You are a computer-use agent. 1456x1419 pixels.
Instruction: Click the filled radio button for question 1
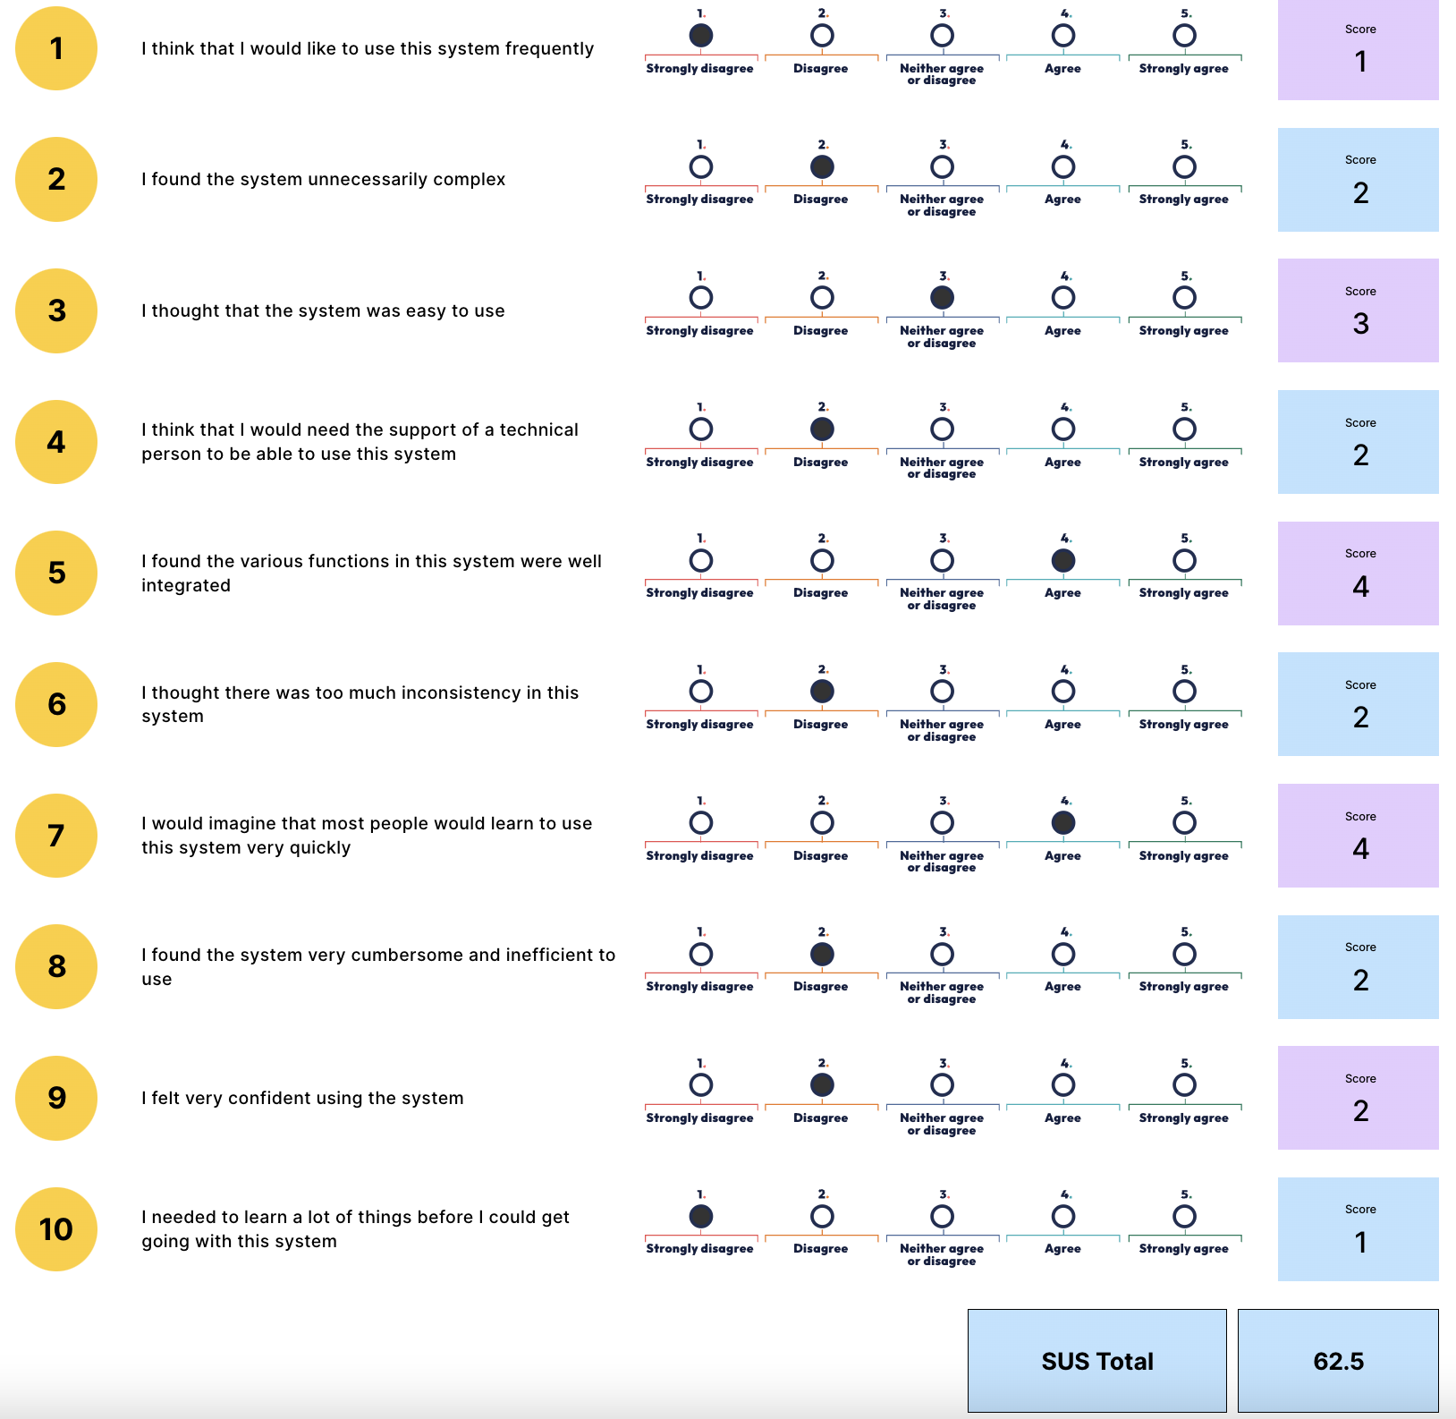point(701,36)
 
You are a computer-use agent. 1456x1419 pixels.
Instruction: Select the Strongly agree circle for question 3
point(1184,298)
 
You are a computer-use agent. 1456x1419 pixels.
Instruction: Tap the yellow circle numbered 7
point(56,836)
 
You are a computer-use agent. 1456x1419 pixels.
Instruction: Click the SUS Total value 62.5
point(1338,1361)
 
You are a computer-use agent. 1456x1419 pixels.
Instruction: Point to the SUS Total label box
point(1097,1361)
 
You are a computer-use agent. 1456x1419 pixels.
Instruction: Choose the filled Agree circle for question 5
point(1063,561)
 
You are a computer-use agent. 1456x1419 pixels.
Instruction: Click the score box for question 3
point(1359,310)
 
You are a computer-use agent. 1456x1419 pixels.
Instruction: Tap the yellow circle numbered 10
point(56,1229)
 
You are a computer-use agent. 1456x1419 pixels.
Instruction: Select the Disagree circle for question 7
point(822,823)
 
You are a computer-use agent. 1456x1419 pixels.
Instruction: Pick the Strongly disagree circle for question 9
point(701,1085)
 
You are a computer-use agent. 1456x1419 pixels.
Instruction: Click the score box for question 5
point(1359,574)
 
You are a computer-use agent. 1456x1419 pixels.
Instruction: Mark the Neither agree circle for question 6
point(942,692)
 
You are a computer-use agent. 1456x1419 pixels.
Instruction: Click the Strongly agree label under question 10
point(1183,1249)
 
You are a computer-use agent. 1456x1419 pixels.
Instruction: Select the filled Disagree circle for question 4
point(822,429)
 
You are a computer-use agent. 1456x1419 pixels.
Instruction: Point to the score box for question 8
point(1359,967)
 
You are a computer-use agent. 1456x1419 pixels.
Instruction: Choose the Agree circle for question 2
point(1063,167)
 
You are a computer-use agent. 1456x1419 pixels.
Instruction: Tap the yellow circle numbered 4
point(56,442)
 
